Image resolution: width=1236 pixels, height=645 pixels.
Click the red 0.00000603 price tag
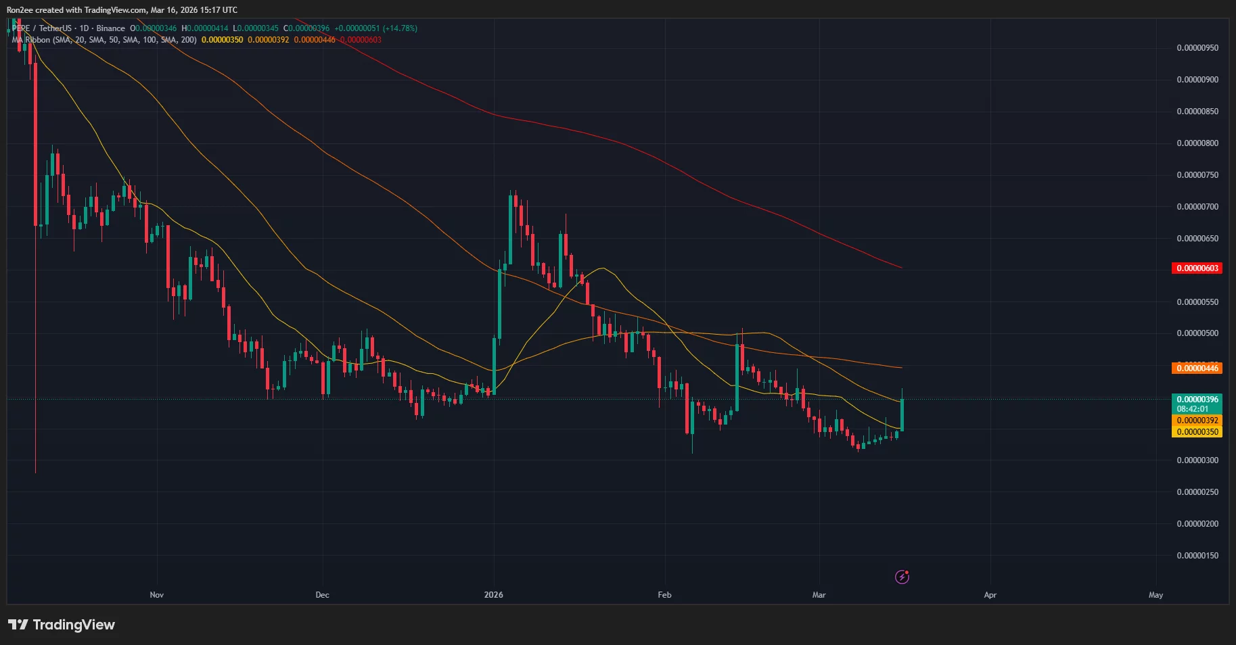click(x=1197, y=268)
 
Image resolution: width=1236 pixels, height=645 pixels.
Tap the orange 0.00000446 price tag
click(x=1197, y=368)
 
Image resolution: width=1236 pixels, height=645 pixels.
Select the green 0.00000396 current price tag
click(x=1197, y=400)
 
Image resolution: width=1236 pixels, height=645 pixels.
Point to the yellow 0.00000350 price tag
click(x=1197, y=432)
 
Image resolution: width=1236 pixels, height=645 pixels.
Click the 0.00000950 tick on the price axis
click(x=1197, y=48)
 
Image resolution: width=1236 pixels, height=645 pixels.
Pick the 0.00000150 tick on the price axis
click(x=1197, y=556)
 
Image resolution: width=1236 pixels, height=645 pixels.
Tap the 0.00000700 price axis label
click(x=1197, y=207)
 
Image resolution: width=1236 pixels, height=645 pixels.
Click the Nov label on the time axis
click(x=156, y=595)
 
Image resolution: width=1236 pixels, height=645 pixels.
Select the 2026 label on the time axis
click(x=493, y=595)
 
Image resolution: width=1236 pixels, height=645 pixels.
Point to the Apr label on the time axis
click(x=990, y=595)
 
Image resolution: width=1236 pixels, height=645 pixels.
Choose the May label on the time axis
click(x=1155, y=595)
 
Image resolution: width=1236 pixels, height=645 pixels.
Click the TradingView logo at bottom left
click(x=62, y=625)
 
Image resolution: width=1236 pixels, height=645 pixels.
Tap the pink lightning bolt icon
click(x=902, y=577)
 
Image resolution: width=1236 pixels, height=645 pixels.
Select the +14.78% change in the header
click(x=400, y=28)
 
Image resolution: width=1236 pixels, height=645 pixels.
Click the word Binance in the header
click(x=110, y=28)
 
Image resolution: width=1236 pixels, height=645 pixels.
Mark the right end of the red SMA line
click(x=902, y=268)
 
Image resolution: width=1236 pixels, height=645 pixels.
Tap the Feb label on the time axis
click(x=664, y=595)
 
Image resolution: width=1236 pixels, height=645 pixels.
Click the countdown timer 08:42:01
click(x=1193, y=409)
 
